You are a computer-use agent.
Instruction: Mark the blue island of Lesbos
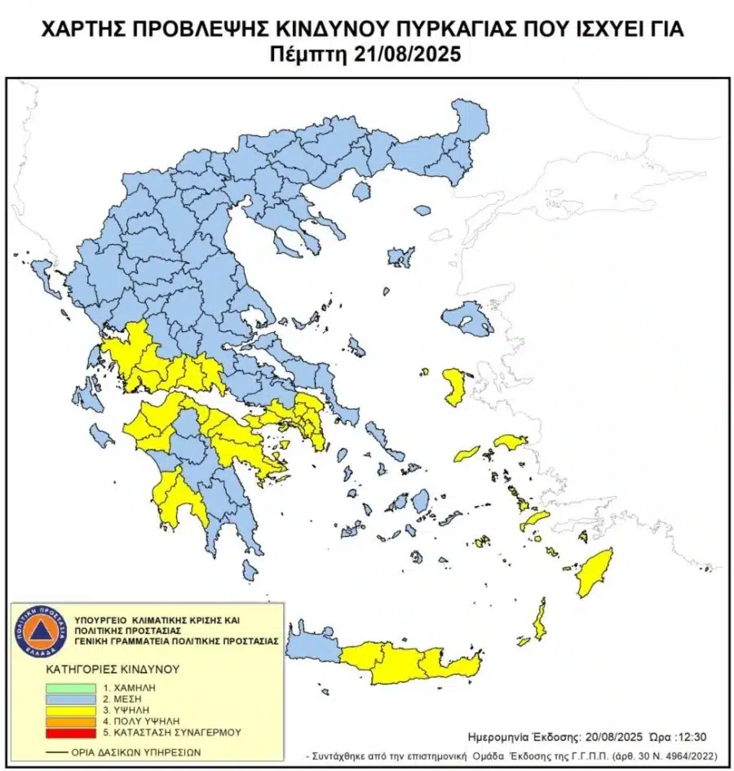pos(466,319)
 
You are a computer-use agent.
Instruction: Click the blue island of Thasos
pos(359,191)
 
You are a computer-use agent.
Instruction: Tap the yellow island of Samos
pos(508,442)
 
